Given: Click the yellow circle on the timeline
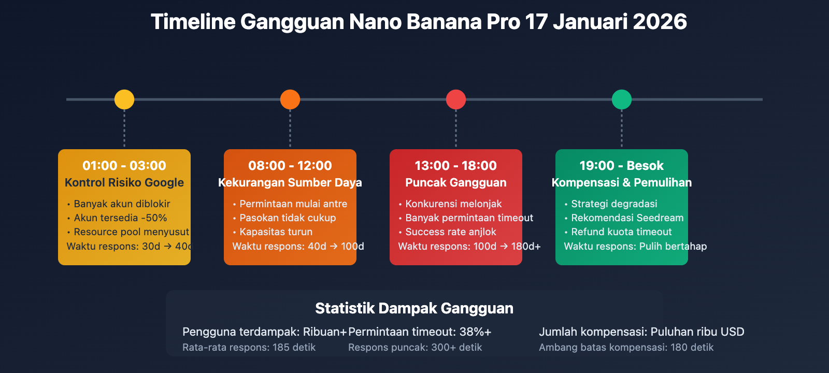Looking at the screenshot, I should (124, 99).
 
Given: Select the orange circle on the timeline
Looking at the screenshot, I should (290, 99).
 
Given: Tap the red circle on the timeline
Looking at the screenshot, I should (456, 99).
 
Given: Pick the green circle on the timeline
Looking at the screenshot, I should (622, 99).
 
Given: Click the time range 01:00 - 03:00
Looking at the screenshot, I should (124, 166).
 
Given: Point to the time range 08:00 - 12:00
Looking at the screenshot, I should (290, 166).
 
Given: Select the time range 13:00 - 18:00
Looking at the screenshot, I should (456, 166).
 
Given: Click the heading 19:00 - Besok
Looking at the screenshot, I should (622, 166).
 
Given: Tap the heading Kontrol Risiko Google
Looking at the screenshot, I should (124, 182).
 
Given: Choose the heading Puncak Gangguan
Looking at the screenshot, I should (456, 182).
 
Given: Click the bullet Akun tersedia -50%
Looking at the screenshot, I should (120, 218).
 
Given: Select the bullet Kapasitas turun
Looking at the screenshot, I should (276, 232).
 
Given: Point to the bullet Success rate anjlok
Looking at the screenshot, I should (450, 232).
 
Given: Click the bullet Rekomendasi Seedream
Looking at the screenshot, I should (627, 218).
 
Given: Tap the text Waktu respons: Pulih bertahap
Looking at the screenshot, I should (635, 246).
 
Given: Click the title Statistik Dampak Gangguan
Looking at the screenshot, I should (414, 308).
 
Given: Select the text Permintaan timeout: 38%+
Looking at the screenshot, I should (420, 332).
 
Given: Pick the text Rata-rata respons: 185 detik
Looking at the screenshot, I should (249, 348).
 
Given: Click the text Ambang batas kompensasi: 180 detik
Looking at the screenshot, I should (626, 348).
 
